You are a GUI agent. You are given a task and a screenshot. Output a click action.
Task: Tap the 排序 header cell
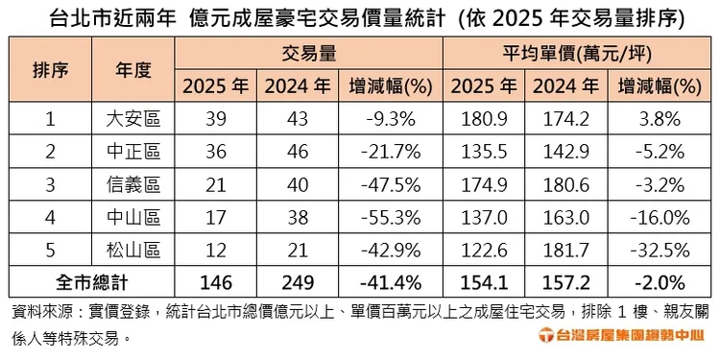tap(50, 70)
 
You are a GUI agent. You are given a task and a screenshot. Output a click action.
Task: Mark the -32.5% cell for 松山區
tap(658, 252)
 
